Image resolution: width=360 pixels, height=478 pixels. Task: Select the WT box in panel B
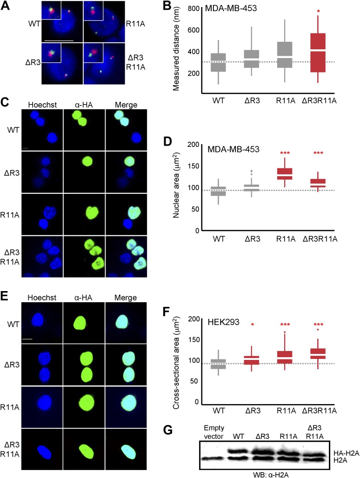point(218,62)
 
